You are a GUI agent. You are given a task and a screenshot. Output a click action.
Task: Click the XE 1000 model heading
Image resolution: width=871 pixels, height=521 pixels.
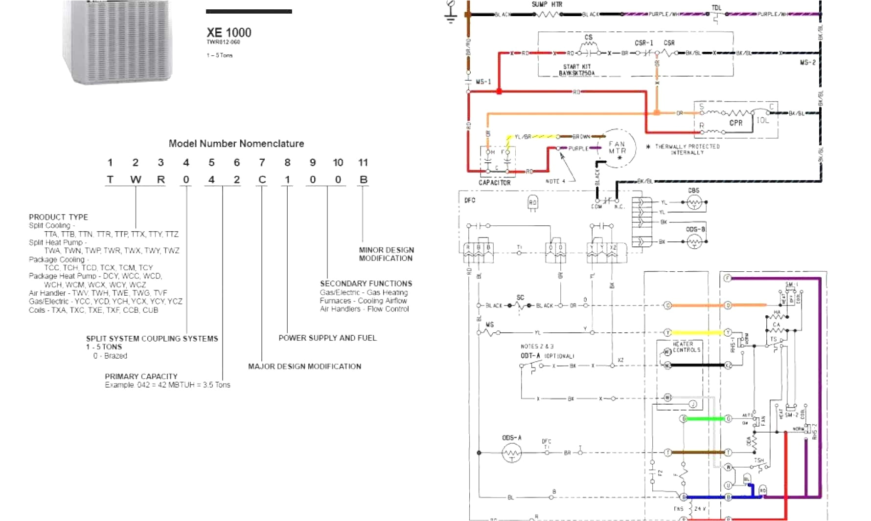(x=229, y=33)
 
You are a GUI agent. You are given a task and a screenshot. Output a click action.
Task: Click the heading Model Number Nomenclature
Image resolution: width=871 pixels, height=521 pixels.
(x=236, y=144)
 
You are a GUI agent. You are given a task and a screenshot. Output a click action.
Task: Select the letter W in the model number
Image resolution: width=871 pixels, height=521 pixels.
(x=136, y=180)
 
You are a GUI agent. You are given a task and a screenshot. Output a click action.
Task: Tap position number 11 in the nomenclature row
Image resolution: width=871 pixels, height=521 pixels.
(x=363, y=163)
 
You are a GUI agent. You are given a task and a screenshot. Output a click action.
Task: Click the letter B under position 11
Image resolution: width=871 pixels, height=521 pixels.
(x=363, y=180)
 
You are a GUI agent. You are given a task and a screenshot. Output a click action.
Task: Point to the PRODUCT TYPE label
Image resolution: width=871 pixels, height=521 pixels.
(x=58, y=217)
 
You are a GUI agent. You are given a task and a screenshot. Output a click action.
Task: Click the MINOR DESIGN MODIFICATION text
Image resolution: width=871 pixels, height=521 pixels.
(x=386, y=254)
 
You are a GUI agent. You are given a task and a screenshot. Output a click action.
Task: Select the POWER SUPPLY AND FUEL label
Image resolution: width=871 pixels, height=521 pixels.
(x=327, y=338)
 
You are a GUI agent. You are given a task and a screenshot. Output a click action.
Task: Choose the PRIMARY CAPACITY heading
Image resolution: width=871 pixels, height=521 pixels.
(x=141, y=376)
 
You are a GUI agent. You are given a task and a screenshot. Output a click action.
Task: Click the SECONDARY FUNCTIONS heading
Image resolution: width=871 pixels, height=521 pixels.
(x=366, y=283)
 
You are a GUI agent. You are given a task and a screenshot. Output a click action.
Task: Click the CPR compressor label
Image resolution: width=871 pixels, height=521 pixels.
(x=735, y=123)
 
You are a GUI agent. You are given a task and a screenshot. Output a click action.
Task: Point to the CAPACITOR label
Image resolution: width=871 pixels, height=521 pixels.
(x=494, y=183)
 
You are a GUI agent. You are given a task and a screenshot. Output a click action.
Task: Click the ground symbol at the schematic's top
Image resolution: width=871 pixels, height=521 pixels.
(x=451, y=13)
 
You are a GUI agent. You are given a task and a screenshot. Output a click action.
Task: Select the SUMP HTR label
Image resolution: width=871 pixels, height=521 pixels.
(x=547, y=4)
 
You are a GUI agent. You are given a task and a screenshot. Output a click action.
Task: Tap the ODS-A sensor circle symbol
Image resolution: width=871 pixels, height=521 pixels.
(x=512, y=454)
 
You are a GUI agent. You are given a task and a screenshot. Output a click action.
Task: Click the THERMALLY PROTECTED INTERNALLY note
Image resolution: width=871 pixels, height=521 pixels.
(x=687, y=150)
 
